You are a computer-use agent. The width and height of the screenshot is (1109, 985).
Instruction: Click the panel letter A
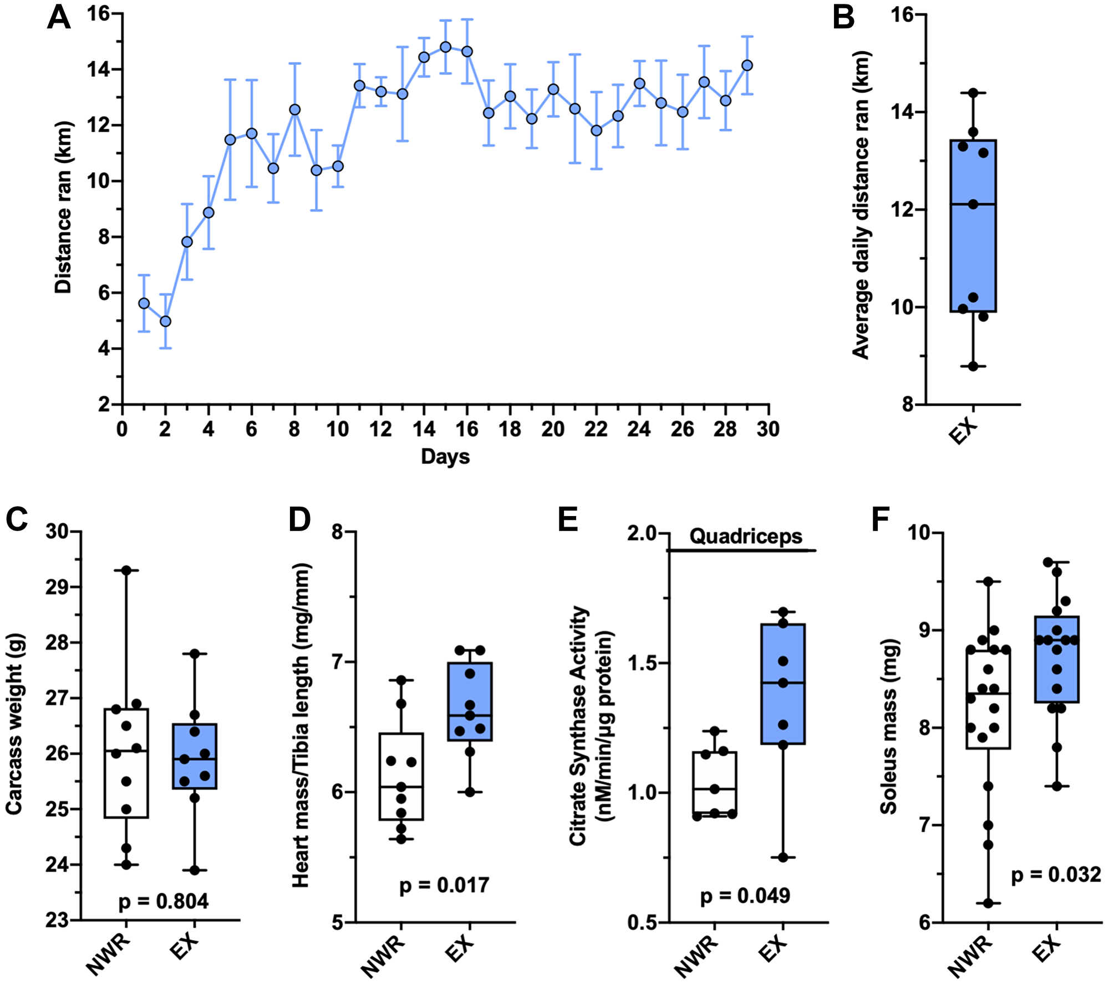pyautogui.click(x=59, y=18)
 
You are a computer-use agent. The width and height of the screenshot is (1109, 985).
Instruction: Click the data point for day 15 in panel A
pyautogui.click(x=445, y=47)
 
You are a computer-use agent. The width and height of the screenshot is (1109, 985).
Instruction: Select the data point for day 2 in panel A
pyautogui.click(x=165, y=321)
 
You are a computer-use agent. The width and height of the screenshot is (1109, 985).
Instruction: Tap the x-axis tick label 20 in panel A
pyautogui.click(x=552, y=429)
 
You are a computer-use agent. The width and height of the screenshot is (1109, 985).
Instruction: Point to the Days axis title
pyautogui.click(x=445, y=457)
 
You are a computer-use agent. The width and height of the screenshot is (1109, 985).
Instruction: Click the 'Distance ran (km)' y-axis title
pyautogui.click(x=64, y=207)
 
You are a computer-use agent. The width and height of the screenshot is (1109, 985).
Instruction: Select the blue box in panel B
pyautogui.click(x=973, y=226)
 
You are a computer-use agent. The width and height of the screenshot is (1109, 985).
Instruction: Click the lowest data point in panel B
pyautogui.click(x=973, y=366)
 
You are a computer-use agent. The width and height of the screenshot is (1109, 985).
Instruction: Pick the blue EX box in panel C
pyautogui.click(x=195, y=756)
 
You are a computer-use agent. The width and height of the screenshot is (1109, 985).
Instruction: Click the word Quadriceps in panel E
pyautogui.click(x=745, y=536)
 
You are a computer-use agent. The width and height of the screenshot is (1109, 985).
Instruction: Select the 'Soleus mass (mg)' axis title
pyautogui.click(x=889, y=727)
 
